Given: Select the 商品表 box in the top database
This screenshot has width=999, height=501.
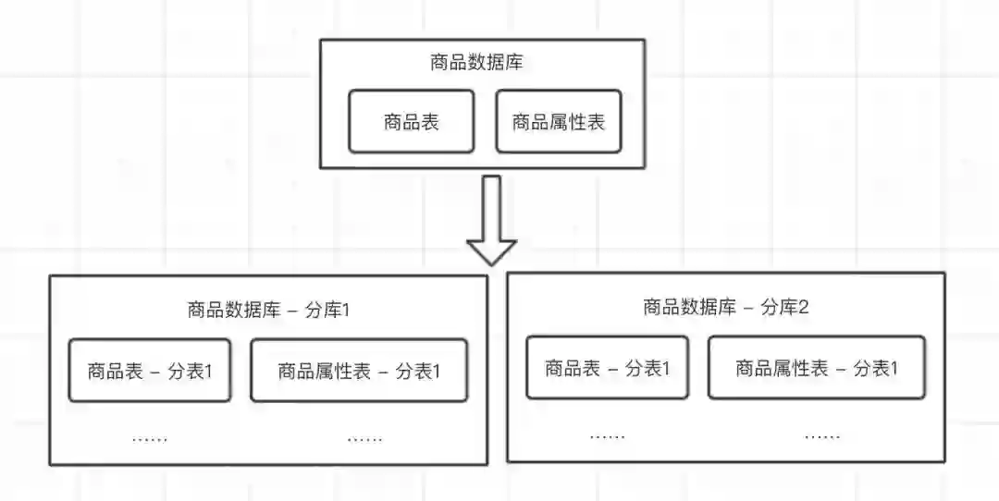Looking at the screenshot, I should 411,121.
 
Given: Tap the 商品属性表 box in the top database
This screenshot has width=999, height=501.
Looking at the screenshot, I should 558,121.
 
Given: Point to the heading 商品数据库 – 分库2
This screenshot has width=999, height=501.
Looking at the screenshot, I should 725,307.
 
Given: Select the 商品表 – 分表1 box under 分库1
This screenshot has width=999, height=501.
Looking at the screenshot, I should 150,371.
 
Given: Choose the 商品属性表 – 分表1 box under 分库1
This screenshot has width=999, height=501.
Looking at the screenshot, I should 359,371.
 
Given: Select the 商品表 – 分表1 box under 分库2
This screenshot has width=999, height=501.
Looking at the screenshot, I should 607,368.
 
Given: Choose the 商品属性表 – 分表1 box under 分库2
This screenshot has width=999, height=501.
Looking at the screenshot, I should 816,368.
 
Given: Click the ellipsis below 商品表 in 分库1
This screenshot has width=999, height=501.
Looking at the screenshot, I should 150,438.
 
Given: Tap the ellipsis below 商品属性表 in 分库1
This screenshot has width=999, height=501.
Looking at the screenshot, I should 364,438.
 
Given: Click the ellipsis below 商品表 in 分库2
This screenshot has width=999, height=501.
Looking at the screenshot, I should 607,435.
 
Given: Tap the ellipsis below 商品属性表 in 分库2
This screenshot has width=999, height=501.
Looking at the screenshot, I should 821,435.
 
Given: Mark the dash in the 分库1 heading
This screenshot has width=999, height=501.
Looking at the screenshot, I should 292,311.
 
